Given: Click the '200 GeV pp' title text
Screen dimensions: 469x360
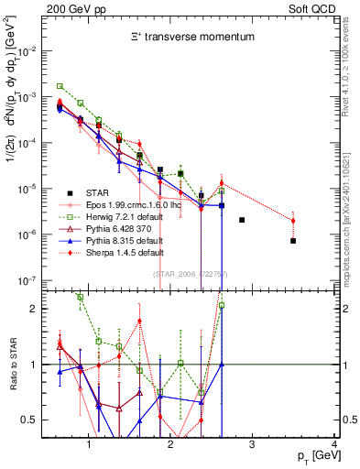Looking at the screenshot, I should click(71, 8).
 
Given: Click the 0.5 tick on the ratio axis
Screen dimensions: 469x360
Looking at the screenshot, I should click(35, 420).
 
